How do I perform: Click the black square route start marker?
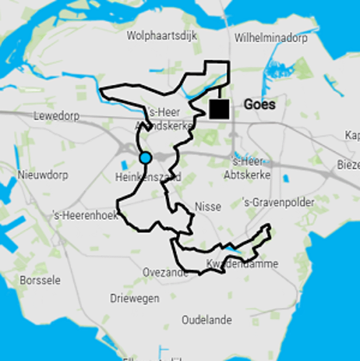pyautogui.click(x=219, y=109)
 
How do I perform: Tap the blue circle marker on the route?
pyautogui.click(x=145, y=158)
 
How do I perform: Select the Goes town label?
pyautogui.click(x=259, y=105)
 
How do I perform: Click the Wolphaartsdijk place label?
pyautogui.click(x=162, y=36)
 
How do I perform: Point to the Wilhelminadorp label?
pyautogui.click(x=271, y=37)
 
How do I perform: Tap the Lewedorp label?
pyautogui.click(x=56, y=116)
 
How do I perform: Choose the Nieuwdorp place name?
pyautogui.click(x=43, y=175)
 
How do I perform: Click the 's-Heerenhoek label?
pyautogui.click(x=85, y=215)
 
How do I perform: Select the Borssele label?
pyautogui.click(x=40, y=280)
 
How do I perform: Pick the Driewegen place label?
pyautogui.click(x=135, y=299)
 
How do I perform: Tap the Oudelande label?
pyautogui.click(x=207, y=320)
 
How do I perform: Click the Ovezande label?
pyautogui.click(x=165, y=273)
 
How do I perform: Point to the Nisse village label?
pyautogui.click(x=208, y=207)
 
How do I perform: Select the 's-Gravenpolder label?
pyautogui.click(x=278, y=203)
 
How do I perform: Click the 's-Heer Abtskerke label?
pyautogui.click(x=247, y=168)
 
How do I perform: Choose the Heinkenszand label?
pyautogui.click(x=148, y=177)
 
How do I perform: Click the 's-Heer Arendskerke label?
pyautogui.click(x=164, y=119)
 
